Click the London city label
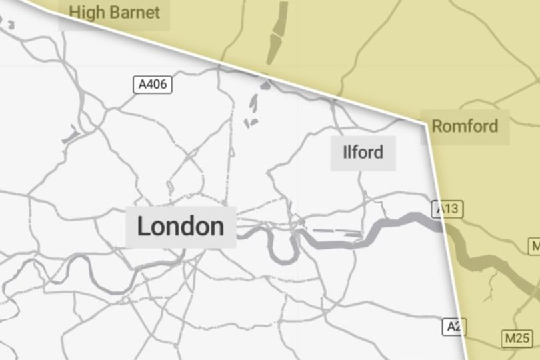[181, 227]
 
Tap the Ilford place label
[363, 152]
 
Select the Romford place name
[465, 125]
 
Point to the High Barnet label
[115, 12]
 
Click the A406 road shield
[153, 85]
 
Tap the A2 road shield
[455, 327]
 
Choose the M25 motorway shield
[517, 339]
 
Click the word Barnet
[137, 12]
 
